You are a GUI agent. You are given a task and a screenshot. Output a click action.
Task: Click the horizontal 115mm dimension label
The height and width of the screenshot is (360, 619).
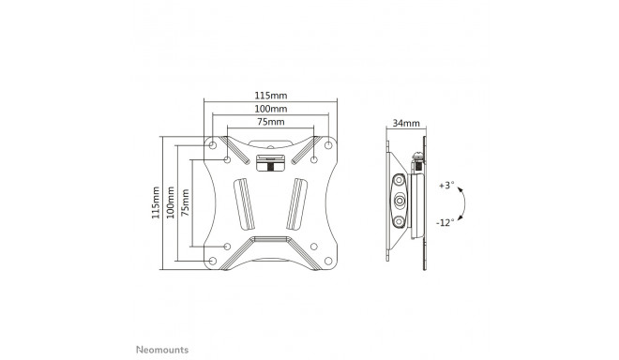271,96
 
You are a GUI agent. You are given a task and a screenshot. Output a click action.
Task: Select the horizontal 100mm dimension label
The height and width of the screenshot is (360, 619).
271,110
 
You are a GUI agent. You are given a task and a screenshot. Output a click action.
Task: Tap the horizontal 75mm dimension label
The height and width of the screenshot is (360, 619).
271,123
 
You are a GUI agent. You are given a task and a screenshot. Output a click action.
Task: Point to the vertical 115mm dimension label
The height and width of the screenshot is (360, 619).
156,201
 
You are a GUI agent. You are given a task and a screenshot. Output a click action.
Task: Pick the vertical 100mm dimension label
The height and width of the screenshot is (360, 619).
170,201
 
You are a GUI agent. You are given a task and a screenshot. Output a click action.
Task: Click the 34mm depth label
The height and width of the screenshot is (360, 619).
407,124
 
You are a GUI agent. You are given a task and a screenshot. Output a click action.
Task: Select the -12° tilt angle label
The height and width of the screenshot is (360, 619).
445,221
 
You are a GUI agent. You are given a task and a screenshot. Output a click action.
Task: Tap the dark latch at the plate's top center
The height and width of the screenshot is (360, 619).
270,166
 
